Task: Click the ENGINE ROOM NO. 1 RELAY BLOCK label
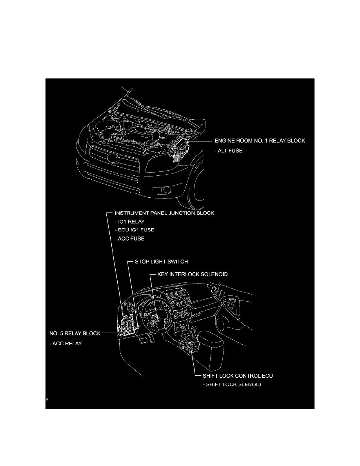(x=259, y=141)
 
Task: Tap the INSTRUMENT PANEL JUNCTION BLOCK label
(x=164, y=214)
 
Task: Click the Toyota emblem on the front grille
(x=112, y=159)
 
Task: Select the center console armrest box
(x=211, y=349)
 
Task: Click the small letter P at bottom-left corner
(x=47, y=399)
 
